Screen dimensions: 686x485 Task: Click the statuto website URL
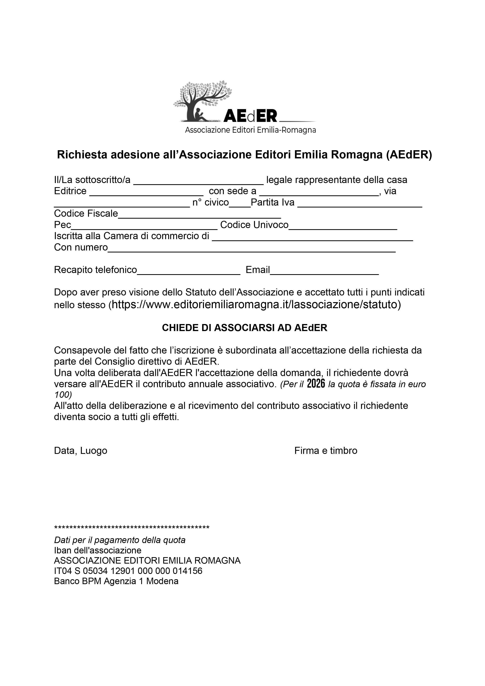point(255,304)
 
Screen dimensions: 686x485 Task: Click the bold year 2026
point(316,384)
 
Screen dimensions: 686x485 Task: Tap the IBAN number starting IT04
point(128,571)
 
